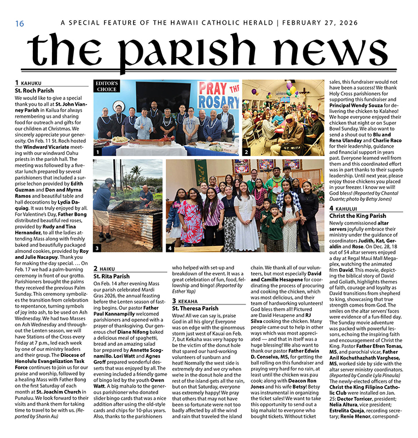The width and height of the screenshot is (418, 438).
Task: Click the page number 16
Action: (x=20, y=24)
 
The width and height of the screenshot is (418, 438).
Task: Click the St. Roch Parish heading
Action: (x=34, y=91)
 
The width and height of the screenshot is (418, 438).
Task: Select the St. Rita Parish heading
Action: (x=111, y=276)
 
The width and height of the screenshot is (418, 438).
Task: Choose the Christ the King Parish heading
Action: (x=357, y=216)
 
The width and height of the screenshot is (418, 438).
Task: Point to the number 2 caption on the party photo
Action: (x=247, y=152)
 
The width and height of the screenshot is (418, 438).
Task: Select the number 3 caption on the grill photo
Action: (x=97, y=248)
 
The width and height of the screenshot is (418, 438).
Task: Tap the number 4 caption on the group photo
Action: (x=170, y=248)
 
